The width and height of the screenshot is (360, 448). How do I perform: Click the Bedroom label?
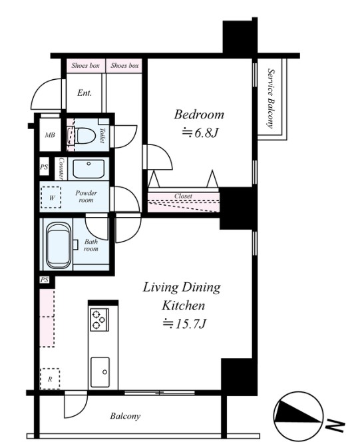click(199, 114)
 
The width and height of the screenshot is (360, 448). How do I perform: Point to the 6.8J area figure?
click(200, 133)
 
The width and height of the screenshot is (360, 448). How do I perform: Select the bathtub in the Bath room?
click(59, 246)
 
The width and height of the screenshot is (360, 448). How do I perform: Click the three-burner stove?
click(99, 320)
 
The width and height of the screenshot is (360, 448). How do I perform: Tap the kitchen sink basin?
click(100, 372)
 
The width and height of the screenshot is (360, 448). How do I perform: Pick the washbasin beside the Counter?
click(89, 169)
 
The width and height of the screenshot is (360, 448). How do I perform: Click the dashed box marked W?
click(51, 197)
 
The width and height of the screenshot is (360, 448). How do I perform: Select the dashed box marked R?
click(50, 379)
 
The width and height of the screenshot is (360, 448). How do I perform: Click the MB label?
click(50, 135)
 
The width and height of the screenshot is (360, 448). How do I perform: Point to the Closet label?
click(184, 196)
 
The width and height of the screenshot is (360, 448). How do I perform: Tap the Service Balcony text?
click(271, 99)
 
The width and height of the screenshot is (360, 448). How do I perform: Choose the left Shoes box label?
click(85, 65)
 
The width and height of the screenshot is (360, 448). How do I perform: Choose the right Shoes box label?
click(124, 65)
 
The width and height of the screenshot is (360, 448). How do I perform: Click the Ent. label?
click(85, 93)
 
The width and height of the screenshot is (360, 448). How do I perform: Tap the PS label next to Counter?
click(44, 166)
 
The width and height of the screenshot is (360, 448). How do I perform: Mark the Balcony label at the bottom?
click(125, 416)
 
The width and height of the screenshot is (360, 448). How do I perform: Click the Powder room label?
click(86, 196)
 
